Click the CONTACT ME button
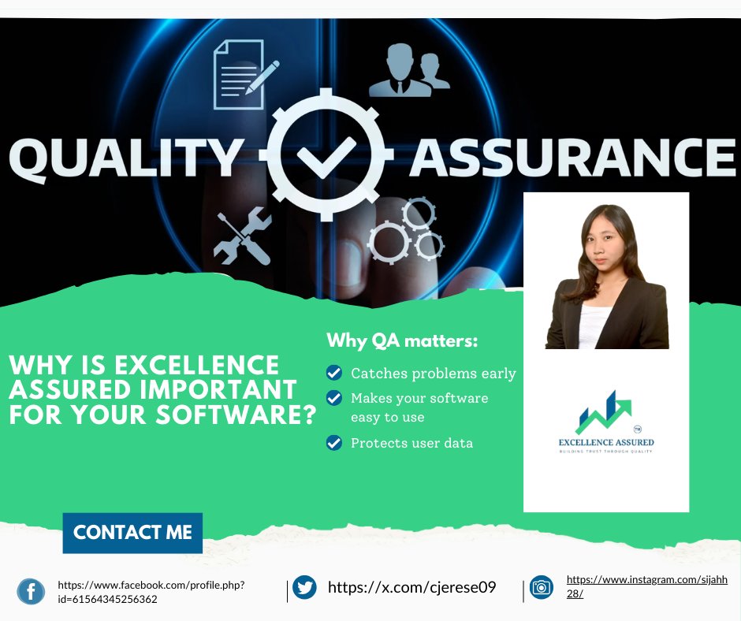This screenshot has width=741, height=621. [x=132, y=533]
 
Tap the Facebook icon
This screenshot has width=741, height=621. [x=31, y=591]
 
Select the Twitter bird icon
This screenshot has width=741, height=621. [x=304, y=587]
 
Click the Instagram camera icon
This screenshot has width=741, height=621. [x=541, y=587]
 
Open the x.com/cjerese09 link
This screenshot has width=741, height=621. [x=411, y=587]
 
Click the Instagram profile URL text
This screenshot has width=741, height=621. [x=646, y=586]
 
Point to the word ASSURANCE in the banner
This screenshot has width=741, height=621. [x=572, y=158]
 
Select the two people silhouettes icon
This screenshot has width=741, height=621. [x=408, y=73]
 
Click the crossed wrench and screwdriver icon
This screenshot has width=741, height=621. [x=243, y=236]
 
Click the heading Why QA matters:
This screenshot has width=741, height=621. [x=402, y=342]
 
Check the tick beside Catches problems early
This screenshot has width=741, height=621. [x=334, y=373]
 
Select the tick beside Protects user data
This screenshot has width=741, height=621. [x=334, y=443]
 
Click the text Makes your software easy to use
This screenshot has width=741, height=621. [x=419, y=407]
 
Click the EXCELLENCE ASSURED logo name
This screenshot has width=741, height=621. [x=606, y=442]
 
